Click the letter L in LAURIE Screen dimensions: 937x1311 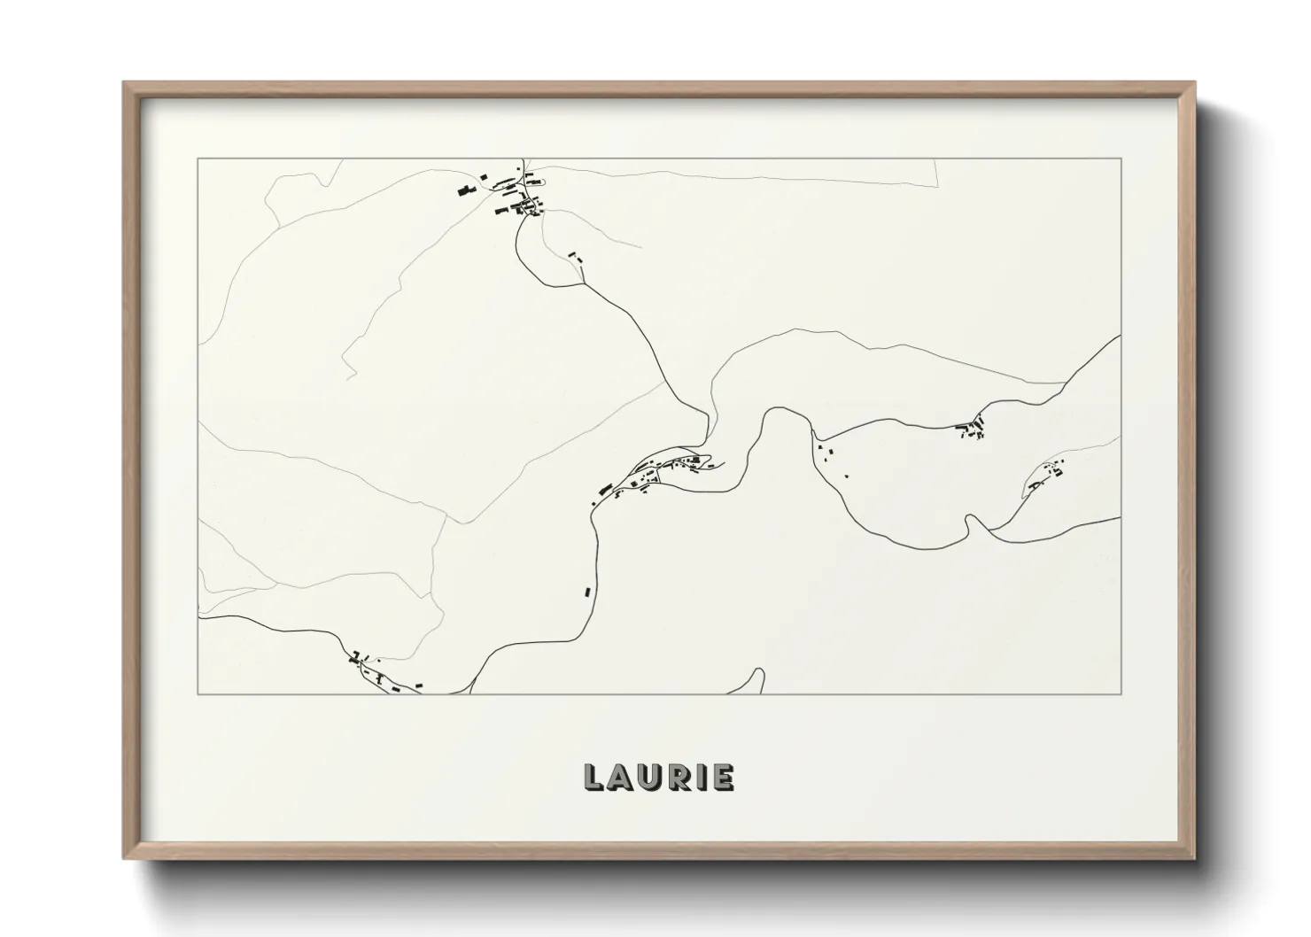[593, 778]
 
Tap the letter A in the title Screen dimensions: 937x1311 [621, 778]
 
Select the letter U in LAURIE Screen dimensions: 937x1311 [653, 778]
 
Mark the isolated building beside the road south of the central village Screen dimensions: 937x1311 [586, 591]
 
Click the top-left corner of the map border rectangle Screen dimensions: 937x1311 [198, 159]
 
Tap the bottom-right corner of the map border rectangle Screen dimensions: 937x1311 [1121, 693]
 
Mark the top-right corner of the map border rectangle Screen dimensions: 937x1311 [1121, 159]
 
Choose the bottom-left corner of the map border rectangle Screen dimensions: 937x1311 [198, 693]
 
